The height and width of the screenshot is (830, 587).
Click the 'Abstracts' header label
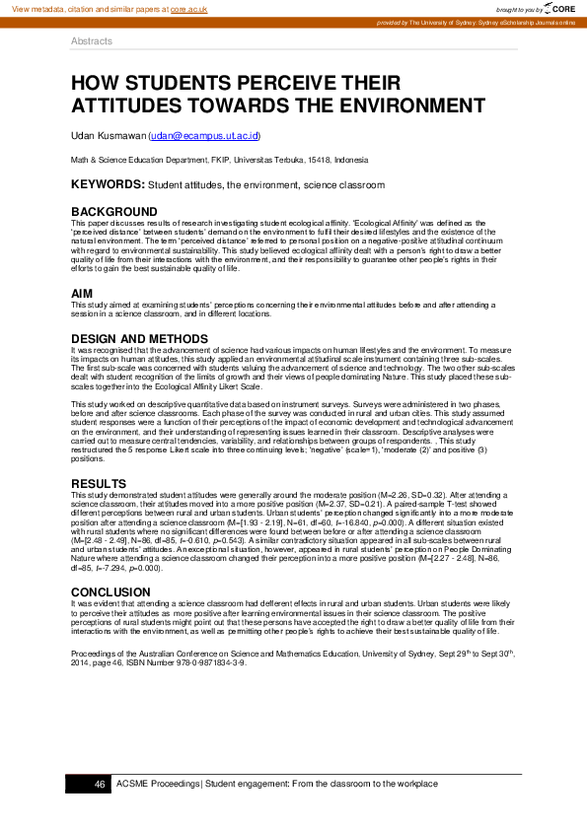[x=92, y=41]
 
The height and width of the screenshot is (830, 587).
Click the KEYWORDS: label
[x=108, y=184]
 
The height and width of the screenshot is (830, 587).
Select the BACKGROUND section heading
[x=113, y=212]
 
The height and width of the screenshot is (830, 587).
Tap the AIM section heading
[x=82, y=294]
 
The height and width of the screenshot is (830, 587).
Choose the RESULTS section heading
[x=99, y=482]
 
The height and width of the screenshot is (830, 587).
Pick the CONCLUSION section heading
[x=110, y=590]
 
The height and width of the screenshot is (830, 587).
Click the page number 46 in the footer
[x=100, y=784]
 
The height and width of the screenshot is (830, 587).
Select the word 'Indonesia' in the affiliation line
[x=351, y=160]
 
